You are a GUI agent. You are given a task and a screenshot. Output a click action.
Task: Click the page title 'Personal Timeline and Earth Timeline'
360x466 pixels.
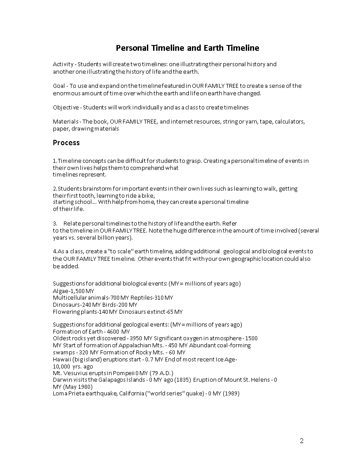tap(187, 48)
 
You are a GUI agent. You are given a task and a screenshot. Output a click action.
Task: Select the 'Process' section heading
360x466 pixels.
tap(66, 143)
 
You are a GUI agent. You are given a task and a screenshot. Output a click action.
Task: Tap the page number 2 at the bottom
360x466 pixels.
tap(302, 440)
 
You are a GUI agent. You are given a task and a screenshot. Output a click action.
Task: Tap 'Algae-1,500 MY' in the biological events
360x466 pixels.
tap(74, 291)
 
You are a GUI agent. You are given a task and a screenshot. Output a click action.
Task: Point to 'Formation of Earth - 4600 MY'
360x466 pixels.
tap(91, 331)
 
